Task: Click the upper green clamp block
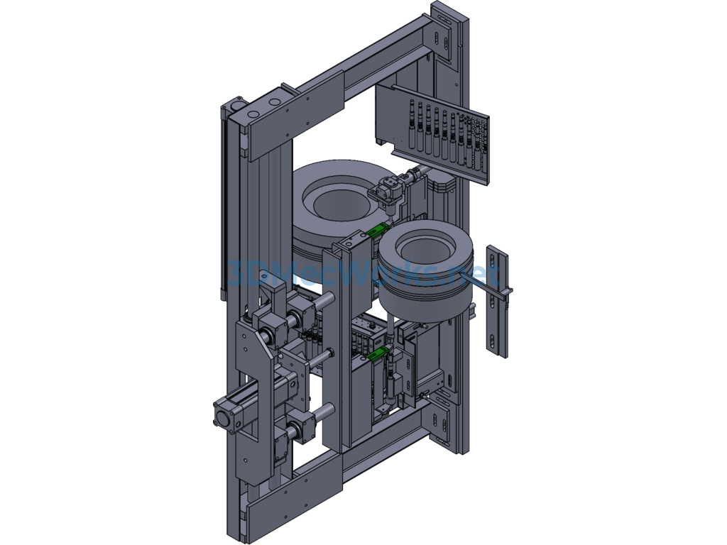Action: [377, 229]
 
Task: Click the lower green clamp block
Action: [378, 353]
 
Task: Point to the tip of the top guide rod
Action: [331, 296]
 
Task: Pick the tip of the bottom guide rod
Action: [330, 409]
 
